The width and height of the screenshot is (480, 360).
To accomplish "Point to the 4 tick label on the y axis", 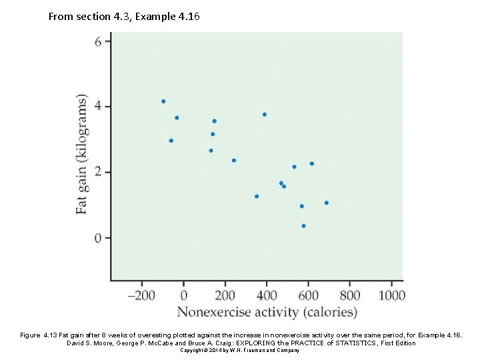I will tap(98, 106).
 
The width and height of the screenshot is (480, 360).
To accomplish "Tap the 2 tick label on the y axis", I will tap(98, 172).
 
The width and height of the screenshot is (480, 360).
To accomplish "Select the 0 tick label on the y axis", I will tap(98, 238).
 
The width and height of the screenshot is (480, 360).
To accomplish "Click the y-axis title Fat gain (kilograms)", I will tap(81, 154).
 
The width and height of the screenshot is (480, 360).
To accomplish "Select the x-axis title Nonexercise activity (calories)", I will tap(267, 312).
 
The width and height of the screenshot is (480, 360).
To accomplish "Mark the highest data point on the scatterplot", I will tap(163, 101).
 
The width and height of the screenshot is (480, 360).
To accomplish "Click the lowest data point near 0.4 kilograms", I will tap(303, 226).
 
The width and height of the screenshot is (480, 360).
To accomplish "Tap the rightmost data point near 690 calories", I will tap(326, 203).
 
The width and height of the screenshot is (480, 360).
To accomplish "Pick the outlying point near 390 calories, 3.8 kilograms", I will tap(265, 115).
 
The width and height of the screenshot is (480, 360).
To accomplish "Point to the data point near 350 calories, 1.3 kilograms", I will tap(257, 196).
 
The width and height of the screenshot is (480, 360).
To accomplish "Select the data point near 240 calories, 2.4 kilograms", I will tap(234, 160).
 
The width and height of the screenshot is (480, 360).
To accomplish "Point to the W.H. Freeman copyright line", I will tap(239, 350).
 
